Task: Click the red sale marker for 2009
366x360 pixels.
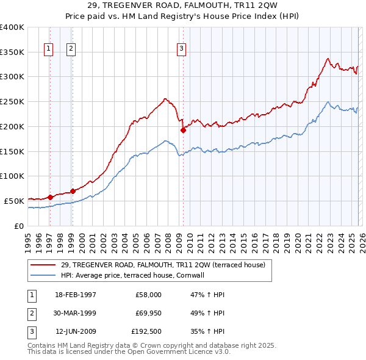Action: [183, 130]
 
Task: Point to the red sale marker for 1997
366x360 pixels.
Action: [50, 196]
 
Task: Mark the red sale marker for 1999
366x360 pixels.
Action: [73, 191]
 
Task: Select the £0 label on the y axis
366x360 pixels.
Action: [18, 225]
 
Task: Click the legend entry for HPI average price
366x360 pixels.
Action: [141, 275]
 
